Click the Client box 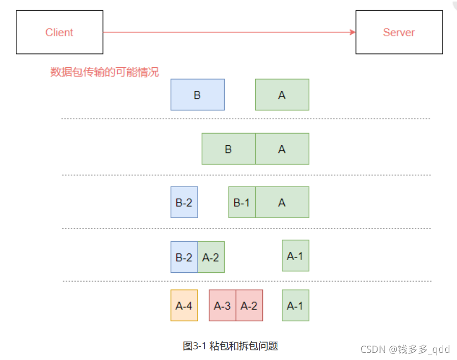(x=59, y=32)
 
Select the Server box (x=398, y=32)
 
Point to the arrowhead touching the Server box (x=352, y=32)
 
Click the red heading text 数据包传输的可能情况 (x=104, y=72)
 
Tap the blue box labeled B (x=197, y=95)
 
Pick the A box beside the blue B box (x=282, y=95)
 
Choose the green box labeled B (x=228, y=149)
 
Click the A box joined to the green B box (x=282, y=149)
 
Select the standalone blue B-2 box (x=184, y=202)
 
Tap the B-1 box (x=241, y=202)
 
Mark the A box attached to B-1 (x=282, y=202)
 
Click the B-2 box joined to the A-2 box (x=184, y=257)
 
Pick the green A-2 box (x=210, y=257)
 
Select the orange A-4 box (x=184, y=306)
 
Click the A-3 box (x=222, y=306)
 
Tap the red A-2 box (x=249, y=306)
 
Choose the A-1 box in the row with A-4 (x=295, y=306)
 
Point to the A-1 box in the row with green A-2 (x=295, y=255)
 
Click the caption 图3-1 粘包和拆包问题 (x=230, y=346)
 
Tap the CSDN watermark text (x=405, y=349)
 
